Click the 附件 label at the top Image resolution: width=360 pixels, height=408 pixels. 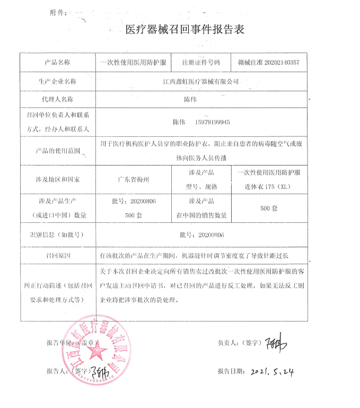pos(59,12)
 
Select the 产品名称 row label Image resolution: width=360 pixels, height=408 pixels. pos(57,63)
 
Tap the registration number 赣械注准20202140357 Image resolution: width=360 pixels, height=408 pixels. pos(269,63)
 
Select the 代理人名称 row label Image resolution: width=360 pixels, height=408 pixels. pos(57,99)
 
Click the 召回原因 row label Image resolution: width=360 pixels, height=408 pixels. pos(57,256)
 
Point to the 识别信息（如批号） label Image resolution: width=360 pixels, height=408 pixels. pos(57,235)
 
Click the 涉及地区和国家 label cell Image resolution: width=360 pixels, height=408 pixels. pos(57,179)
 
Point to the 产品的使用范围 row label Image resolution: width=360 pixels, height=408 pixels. pos(57,151)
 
